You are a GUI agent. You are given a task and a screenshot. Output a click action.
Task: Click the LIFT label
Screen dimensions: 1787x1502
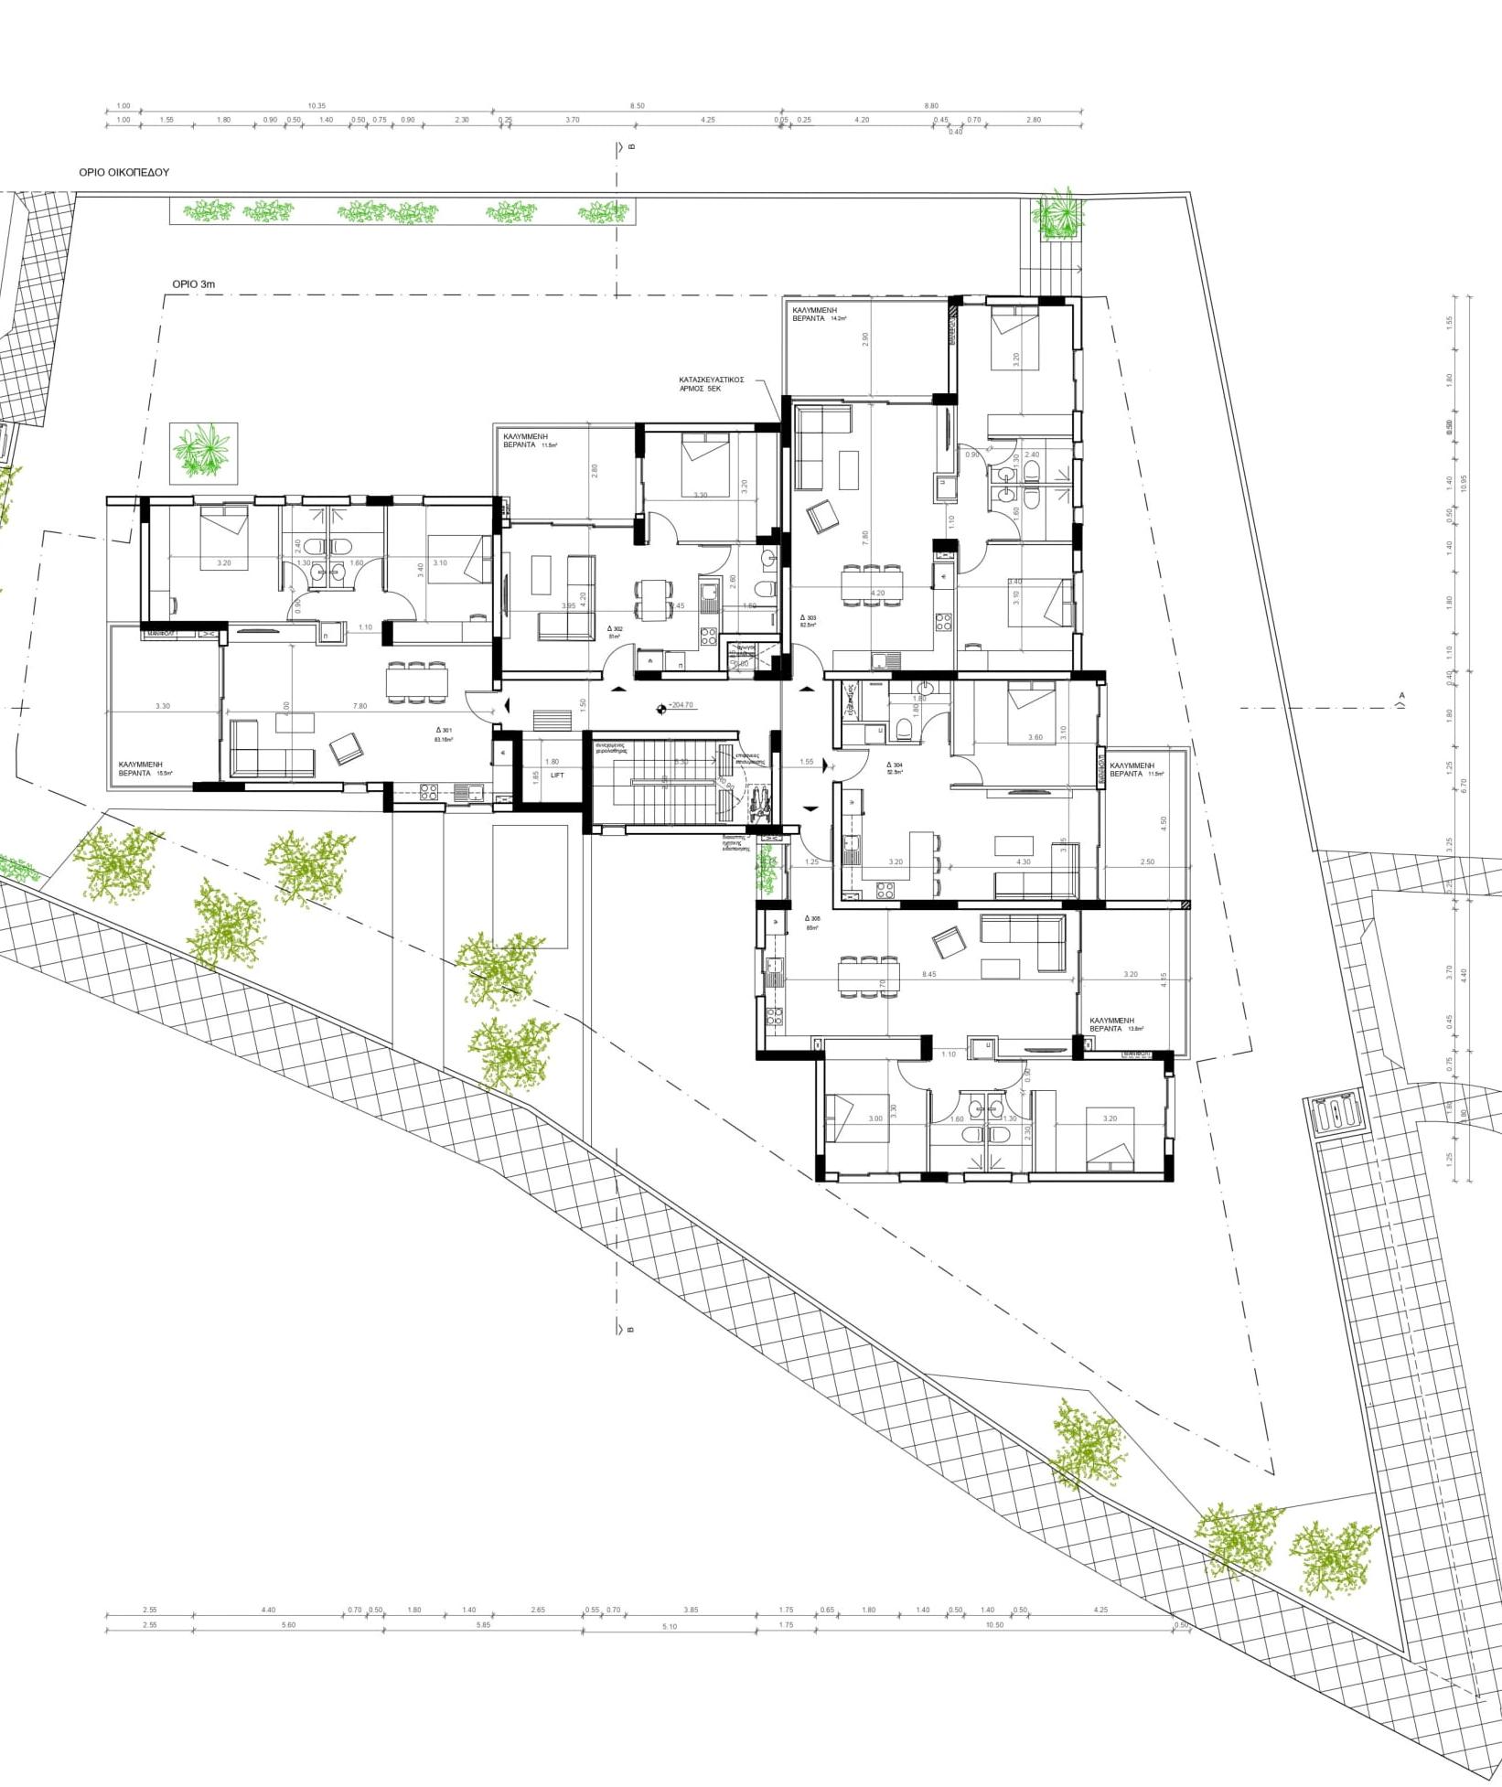click(x=557, y=775)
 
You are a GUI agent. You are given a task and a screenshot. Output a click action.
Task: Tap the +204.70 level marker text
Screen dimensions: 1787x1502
click(x=681, y=705)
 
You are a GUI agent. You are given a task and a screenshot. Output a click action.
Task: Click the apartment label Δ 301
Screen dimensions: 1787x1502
click(x=446, y=731)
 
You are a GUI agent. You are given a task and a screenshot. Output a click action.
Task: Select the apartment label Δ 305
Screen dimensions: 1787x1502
click(x=812, y=919)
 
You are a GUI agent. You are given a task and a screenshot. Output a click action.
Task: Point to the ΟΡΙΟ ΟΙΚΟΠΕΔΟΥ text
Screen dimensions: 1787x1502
click(x=123, y=172)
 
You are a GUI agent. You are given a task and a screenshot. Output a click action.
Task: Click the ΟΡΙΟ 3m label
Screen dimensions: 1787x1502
click(x=194, y=284)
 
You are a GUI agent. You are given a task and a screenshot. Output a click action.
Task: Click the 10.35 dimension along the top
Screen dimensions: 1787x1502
click(x=316, y=106)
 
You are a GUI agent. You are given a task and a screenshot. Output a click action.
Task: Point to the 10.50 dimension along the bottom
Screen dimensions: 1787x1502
click(x=994, y=1625)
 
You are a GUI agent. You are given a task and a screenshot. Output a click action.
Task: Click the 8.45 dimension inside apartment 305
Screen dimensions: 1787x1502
click(x=929, y=974)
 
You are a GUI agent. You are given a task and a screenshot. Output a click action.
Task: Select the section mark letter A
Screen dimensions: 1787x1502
click(x=1400, y=696)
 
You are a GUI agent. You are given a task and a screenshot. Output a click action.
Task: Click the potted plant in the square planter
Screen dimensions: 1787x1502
click(x=205, y=453)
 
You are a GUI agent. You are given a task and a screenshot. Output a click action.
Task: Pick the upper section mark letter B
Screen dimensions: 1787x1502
click(x=630, y=146)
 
